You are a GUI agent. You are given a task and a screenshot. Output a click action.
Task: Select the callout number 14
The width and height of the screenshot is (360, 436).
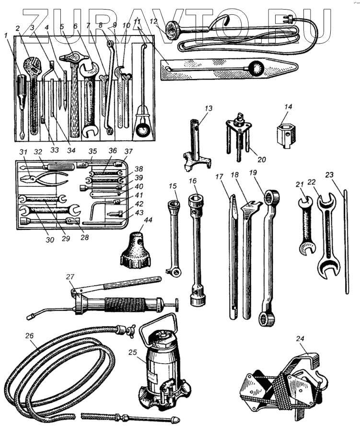click(287, 107)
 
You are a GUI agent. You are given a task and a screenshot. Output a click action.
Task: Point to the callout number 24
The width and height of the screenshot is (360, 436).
click(300, 338)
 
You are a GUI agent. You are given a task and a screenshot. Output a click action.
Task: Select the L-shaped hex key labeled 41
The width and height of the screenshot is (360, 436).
click(95, 207)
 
